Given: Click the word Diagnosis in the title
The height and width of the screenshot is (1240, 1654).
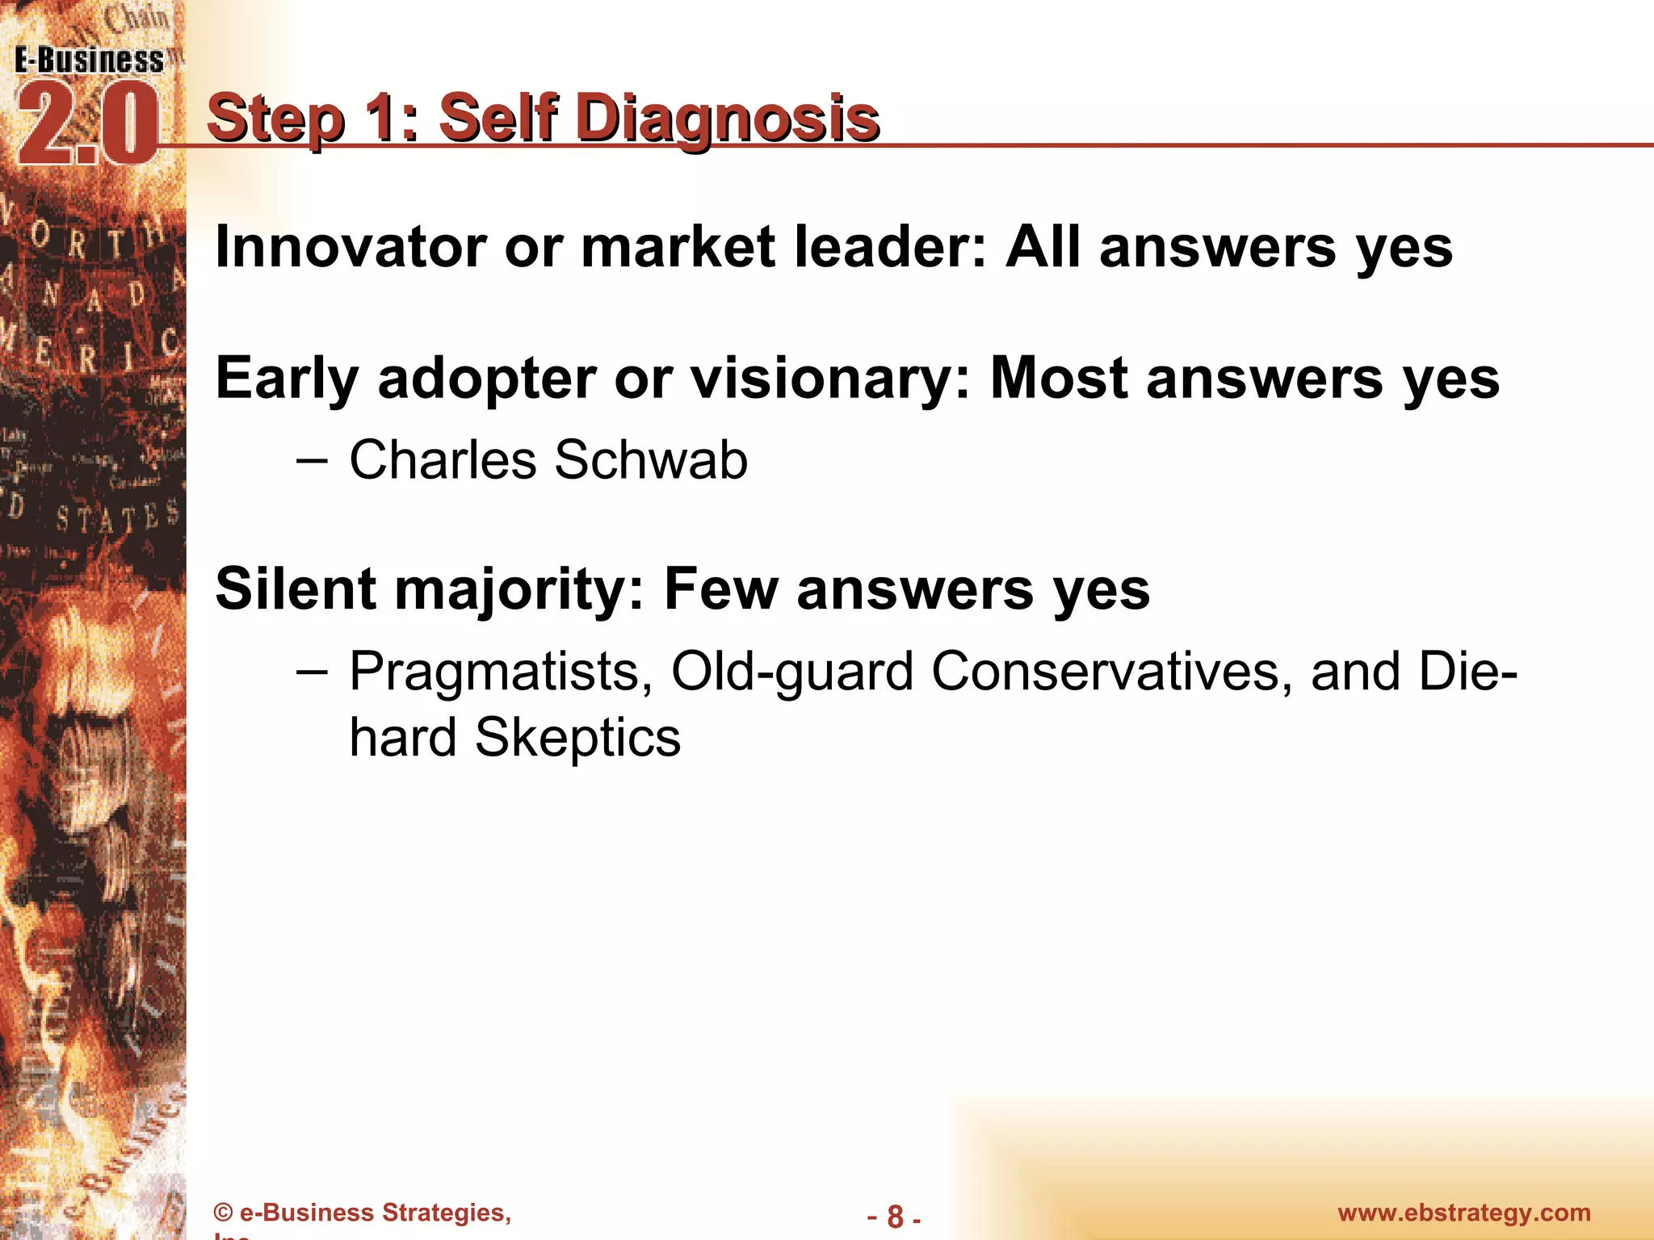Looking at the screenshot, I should point(728,119).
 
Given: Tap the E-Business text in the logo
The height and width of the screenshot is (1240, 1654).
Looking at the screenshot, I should point(89,61).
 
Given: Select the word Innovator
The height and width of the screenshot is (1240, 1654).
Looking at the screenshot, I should point(351,247).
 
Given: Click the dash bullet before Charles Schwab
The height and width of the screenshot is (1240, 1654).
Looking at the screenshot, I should point(312,461).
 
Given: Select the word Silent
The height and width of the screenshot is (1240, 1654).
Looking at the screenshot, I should point(296,589).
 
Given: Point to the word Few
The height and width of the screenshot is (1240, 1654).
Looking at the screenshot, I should point(720,589).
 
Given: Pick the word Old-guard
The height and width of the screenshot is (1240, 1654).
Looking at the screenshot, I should point(791,672).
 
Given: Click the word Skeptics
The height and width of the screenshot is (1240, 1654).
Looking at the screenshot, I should point(577,738).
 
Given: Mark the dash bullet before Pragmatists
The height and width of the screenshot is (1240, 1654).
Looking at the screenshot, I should point(312,672).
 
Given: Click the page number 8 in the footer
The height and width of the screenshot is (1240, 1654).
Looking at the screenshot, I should point(895,1217).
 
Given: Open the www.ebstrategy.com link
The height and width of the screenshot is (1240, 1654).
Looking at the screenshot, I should point(1463,1213).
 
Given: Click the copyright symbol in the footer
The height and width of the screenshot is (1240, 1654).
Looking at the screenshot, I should point(224,1213).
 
